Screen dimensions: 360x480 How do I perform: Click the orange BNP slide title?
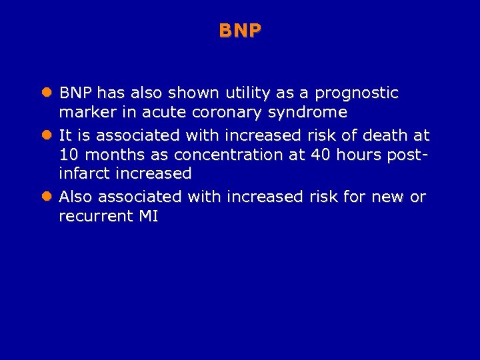pyautogui.click(x=240, y=31)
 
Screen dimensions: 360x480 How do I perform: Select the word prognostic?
pyautogui.click(x=358, y=93)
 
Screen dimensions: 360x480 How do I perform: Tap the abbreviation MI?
pyautogui.click(x=148, y=216)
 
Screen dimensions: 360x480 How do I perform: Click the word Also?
pyautogui.click(x=77, y=197)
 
